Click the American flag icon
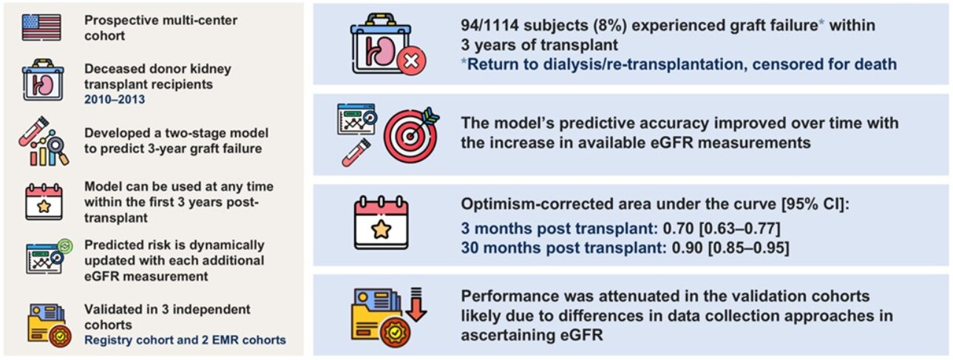pos(41,27)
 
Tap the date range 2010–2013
pos(115,99)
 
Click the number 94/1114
pos(489,25)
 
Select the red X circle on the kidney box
pos(411,61)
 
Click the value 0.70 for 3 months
pos(679,228)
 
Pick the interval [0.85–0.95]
pos(748,247)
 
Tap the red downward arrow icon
pos(416,305)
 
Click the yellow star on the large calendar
pos(381,230)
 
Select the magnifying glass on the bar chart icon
pos(58,149)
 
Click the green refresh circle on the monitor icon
pos(66,246)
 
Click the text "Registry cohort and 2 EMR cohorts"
pos(185,340)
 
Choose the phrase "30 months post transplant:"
pos(564,247)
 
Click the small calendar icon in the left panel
pos(44,202)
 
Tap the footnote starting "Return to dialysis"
pos(679,64)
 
